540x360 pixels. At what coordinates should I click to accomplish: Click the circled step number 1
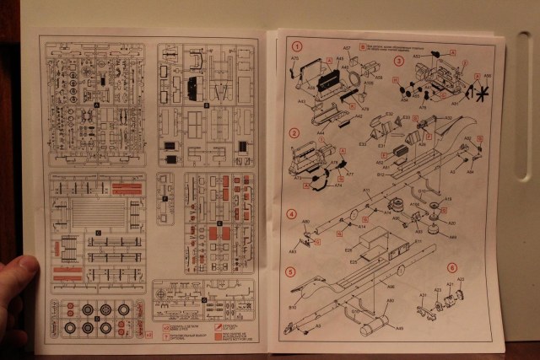coord(296,46)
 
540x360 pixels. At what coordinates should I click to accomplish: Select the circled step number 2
coord(294,132)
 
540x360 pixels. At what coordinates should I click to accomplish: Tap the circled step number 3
coord(398,61)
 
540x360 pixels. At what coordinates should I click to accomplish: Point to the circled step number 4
coord(291,213)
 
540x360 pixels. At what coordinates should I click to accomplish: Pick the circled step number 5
coord(290,272)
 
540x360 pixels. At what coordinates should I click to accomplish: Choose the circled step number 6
coord(452,267)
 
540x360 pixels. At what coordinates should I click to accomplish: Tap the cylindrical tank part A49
coord(374,322)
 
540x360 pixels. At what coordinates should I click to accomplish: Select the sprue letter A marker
coord(98,105)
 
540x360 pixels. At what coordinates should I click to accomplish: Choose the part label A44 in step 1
coord(321,132)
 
